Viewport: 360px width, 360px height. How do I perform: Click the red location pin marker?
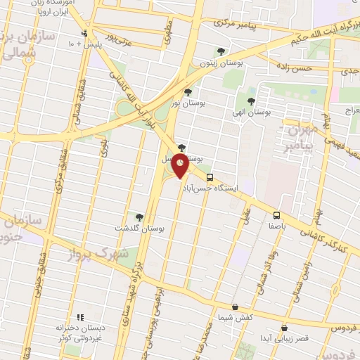pyautogui.click(x=181, y=167)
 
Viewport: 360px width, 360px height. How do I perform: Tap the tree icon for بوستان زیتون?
pyautogui.click(x=221, y=51)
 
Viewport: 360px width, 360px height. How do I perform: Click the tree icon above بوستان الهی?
pyautogui.click(x=251, y=101)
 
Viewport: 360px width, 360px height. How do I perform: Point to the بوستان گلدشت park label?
pyautogui.click(x=139, y=229)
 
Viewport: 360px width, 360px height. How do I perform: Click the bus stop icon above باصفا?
pyautogui.click(x=276, y=215)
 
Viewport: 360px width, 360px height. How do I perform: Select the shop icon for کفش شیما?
pyautogui.click(x=234, y=307)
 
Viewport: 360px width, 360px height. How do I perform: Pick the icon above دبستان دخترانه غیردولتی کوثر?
pyautogui.click(x=80, y=317)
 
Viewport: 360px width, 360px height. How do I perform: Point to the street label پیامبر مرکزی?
pyautogui.click(x=238, y=23)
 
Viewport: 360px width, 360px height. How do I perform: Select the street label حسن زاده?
pyautogui.click(x=293, y=69)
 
